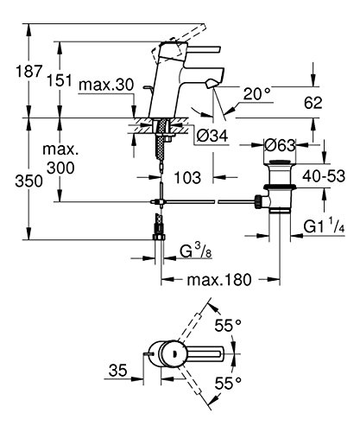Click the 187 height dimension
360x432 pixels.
(x=29, y=71)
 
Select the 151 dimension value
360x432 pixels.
(x=60, y=80)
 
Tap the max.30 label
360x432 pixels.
(x=106, y=85)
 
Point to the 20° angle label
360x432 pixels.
(x=257, y=93)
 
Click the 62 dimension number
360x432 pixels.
(x=313, y=103)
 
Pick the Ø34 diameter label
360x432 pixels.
(x=212, y=136)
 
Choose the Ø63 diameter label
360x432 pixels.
(x=280, y=146)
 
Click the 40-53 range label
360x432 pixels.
(x=324, y=175)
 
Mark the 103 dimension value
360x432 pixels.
(x=187, y=177)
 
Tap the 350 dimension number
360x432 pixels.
(x=28, y=181)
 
